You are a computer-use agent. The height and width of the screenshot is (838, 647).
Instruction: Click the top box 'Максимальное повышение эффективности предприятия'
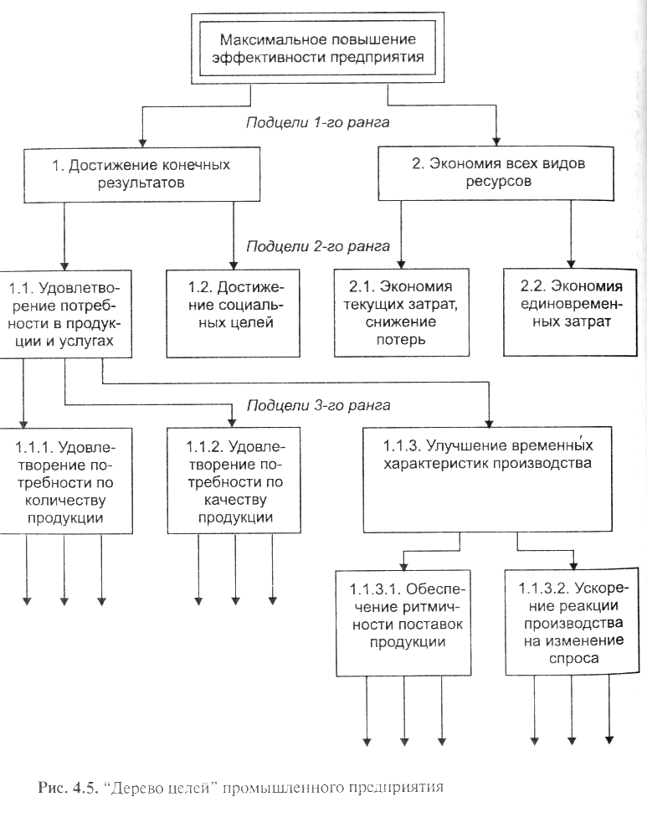318,48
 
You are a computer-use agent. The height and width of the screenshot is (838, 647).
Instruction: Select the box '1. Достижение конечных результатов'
141,174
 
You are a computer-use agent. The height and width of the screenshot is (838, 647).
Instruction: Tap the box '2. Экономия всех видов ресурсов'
496,172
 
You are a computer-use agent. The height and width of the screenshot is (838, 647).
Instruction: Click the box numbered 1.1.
65,314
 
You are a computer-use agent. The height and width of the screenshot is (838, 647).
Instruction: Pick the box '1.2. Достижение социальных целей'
233,313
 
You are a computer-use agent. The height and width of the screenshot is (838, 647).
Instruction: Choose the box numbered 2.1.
401,312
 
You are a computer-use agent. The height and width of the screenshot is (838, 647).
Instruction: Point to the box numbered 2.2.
570,312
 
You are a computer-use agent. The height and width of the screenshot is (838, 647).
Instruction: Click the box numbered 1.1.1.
65,481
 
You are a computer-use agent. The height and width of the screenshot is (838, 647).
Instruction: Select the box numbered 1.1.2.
234,481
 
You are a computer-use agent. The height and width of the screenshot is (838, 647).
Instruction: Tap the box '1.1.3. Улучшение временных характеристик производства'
487,480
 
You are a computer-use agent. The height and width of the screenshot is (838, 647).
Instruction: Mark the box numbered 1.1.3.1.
403,623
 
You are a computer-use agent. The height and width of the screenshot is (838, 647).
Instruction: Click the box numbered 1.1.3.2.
573,621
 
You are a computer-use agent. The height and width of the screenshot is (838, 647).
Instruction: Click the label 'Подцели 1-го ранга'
318,122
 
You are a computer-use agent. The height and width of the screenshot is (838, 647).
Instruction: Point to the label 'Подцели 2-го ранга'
318,246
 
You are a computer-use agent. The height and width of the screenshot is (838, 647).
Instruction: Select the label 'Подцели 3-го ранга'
318,406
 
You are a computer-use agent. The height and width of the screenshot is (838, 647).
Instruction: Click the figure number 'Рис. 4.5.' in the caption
69,787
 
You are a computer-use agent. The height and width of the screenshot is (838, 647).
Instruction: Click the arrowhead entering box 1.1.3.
488,424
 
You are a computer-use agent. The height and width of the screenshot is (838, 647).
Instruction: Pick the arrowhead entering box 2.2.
571,265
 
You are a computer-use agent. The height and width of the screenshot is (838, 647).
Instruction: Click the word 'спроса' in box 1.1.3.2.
573,658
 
